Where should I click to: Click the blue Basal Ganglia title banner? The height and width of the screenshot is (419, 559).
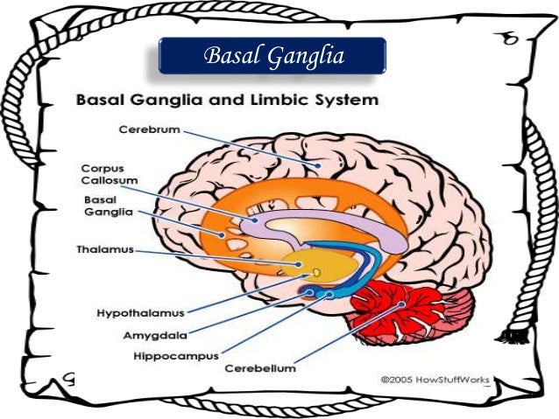[272, 55]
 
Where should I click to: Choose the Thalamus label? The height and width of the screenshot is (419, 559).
[103, 250]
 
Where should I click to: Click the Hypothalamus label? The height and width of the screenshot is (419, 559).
[140, 311]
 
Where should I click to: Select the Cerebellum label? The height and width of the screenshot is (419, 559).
[260, 368]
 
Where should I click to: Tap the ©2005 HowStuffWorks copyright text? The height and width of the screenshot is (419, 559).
[435, 380]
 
